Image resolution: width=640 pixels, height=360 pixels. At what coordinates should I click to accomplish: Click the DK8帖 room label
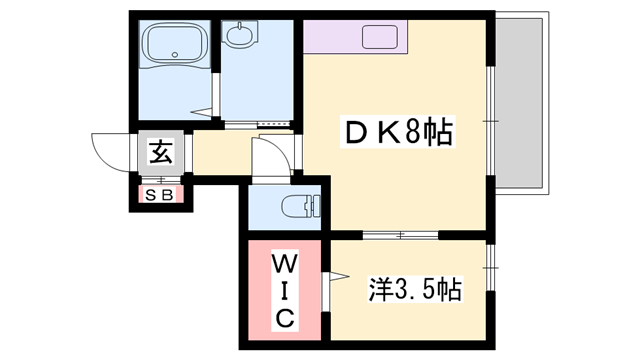tap(396, 131)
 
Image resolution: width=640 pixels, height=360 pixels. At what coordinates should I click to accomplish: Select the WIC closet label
tap(284, 291)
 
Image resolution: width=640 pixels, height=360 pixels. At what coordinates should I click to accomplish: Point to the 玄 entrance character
tap(160, 152)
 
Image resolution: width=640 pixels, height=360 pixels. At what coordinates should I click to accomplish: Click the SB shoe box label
tap(160, 193)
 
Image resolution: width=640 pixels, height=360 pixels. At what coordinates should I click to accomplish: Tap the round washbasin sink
tap(240, 38)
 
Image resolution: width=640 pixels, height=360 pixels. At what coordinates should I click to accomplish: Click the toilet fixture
tap(300, 208)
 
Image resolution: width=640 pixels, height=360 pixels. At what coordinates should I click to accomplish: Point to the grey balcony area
tap(524, 100)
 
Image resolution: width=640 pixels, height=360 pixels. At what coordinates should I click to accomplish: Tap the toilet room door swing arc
tap(265, 157)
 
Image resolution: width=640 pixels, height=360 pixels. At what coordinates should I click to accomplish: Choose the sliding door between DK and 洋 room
tap(400, 235)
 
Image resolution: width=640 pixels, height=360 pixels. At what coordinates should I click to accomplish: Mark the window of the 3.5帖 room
tap(490, 268)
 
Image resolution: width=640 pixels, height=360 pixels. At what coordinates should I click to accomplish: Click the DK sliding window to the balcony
tap(490, 120)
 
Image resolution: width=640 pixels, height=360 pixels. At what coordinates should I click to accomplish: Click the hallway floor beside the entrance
tap(215, 155)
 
